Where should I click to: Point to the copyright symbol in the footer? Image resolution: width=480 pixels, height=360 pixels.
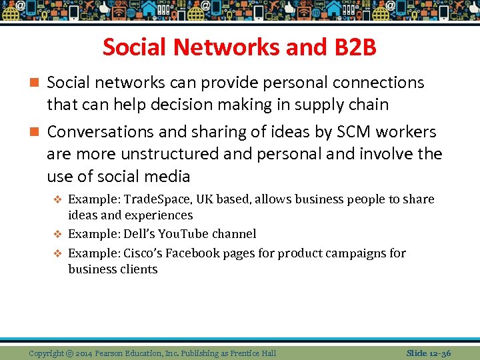tap(70, 353)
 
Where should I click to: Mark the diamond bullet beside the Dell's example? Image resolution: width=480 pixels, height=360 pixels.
tap(58, 235)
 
